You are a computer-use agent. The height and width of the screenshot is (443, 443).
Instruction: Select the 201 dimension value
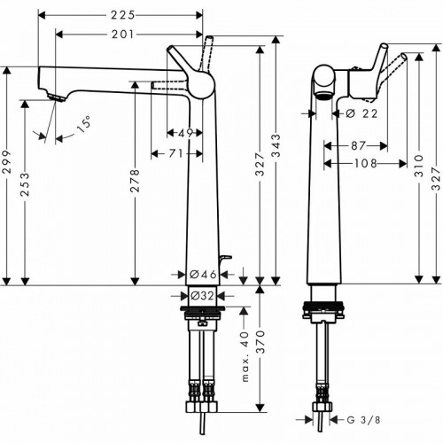(122, 34)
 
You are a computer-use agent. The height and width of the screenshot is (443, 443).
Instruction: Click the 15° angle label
(82, 125)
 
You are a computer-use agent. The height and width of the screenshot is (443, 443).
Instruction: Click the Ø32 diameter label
(203, 296)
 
